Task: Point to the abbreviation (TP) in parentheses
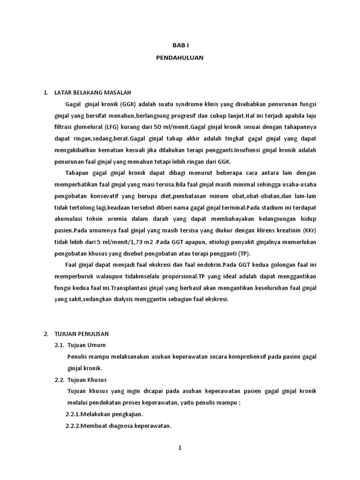[243, 254]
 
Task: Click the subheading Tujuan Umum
[93, 345]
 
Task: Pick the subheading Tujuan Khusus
[95, 379]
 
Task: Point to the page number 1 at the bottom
[180, 448]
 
